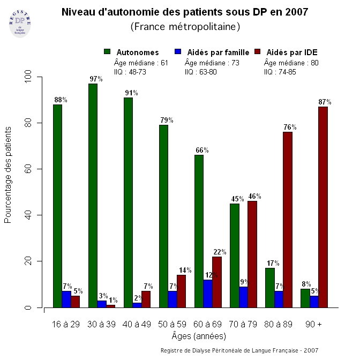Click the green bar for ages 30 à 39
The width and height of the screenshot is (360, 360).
pos(93,196)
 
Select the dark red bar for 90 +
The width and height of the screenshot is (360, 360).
pos(322,207)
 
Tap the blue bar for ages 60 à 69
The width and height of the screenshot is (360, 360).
pos(208,294)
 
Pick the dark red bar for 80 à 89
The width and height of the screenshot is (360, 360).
pos(287,220)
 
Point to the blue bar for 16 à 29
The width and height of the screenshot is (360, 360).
pos(66,299)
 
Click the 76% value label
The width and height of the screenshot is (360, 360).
pos(290,127)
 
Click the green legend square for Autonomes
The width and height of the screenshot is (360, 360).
pos(107,52)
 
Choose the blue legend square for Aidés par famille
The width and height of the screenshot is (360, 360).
pos(178,52)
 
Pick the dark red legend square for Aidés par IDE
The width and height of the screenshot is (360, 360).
pos(257,52)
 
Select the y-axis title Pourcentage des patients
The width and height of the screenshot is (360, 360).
pos(8,175)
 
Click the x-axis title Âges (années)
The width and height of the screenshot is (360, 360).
pos(199,336)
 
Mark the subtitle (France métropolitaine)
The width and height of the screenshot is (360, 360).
pos(185,26)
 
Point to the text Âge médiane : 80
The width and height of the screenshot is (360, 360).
pos(291,63)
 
